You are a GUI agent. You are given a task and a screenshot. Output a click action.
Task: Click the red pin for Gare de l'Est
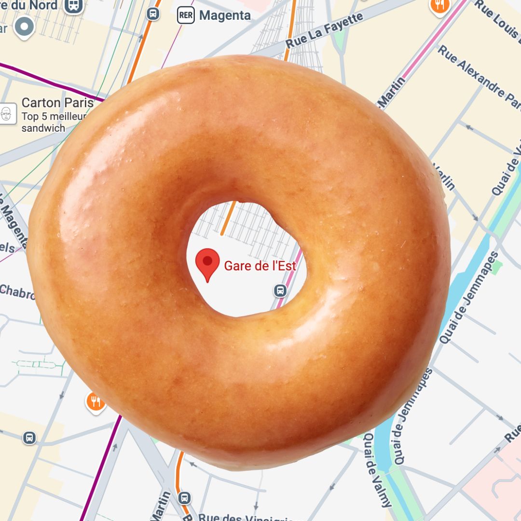207,263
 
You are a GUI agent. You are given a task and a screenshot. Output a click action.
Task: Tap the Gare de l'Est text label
260,266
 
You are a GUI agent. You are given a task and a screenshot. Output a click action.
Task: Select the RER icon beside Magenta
186,15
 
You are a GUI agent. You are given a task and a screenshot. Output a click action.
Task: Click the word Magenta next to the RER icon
225,15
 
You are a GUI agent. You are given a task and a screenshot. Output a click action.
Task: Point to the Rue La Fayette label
324,30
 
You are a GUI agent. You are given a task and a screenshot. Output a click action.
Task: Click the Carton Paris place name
57,103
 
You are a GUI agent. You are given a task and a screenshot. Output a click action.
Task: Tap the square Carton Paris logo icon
7,114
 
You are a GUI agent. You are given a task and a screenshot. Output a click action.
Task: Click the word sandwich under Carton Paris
43,128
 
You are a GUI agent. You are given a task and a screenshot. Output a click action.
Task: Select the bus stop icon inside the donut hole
280,291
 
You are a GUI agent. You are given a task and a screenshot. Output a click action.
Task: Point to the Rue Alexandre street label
478,77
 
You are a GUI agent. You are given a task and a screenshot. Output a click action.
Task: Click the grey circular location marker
24,27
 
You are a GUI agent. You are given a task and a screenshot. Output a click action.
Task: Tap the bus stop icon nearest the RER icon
153,14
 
